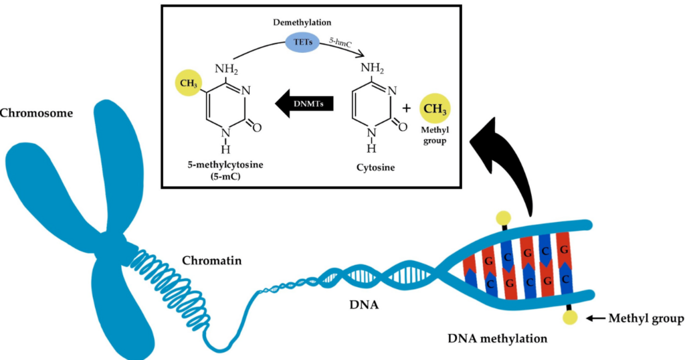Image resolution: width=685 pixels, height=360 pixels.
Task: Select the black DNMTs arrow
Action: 304,104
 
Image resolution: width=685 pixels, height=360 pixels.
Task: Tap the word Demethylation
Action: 302,22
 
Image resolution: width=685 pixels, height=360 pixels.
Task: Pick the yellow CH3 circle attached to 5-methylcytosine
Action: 189,84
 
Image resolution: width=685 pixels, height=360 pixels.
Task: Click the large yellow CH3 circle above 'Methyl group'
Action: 435,108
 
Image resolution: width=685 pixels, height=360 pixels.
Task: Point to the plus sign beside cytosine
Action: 407,108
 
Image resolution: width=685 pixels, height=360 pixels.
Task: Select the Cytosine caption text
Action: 375,167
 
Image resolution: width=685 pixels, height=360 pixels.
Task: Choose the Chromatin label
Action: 211,261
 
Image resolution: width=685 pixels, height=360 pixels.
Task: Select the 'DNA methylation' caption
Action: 498,338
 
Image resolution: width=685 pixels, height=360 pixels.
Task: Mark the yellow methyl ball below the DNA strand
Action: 569,318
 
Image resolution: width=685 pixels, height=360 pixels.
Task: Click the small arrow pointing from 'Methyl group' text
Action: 595,319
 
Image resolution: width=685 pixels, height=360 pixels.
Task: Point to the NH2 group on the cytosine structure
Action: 372,69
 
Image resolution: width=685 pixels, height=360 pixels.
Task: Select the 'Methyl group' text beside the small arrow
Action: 646,319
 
